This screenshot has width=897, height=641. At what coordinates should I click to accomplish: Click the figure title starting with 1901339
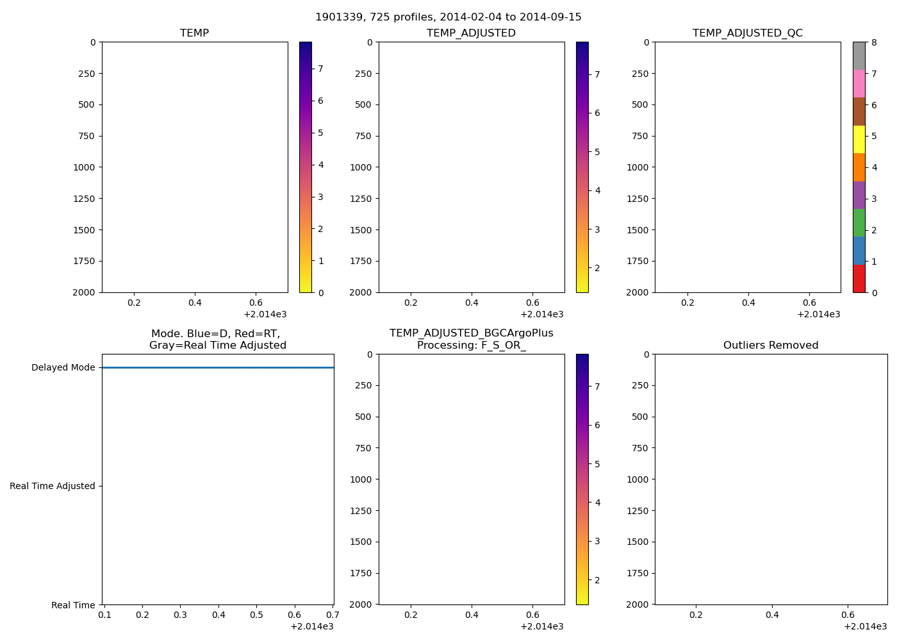448,17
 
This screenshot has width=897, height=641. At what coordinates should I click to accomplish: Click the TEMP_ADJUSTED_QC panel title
747,33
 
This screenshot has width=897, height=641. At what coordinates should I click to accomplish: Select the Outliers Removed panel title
770,345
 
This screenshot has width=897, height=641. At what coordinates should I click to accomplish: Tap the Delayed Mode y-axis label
63,368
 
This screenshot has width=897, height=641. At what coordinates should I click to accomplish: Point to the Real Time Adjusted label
52,487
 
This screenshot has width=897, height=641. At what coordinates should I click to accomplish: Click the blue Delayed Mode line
218,368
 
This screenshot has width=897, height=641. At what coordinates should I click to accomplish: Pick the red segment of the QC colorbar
859,279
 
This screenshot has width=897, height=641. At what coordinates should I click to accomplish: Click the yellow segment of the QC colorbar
859,140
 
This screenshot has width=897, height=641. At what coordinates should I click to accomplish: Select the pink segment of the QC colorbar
859,84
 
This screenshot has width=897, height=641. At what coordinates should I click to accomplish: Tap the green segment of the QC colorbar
859,223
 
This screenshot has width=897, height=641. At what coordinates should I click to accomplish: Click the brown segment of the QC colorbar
859,112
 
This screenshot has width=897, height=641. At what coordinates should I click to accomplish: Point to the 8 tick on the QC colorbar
874,43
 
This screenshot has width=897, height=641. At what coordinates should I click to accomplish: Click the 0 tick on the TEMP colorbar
320,293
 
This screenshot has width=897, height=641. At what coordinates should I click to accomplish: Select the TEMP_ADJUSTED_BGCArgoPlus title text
471,333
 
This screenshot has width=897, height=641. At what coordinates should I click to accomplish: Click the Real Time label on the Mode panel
73,605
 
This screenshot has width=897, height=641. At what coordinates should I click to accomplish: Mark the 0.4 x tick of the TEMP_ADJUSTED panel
472,303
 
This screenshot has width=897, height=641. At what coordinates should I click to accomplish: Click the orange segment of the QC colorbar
859,167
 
